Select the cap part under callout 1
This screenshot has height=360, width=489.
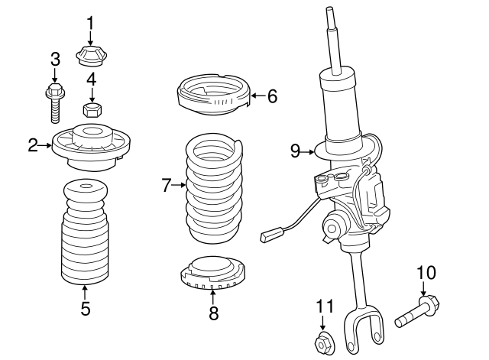point(90,57)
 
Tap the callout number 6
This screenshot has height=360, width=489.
point(272,96)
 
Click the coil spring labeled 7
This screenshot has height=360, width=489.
point(214,186)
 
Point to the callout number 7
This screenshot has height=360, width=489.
point(167,185)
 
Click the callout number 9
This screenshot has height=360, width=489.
point(296,151)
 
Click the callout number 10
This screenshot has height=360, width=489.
point(426,273)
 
